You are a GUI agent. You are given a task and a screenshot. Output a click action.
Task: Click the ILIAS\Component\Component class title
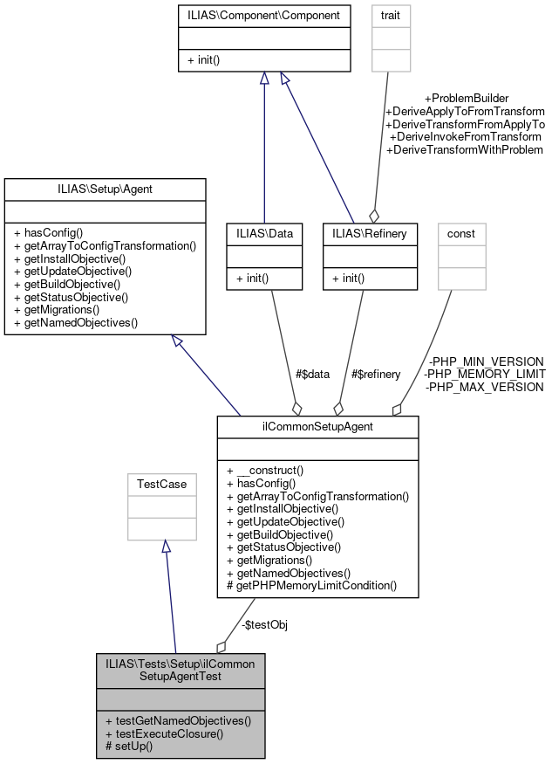[x=262, y=15]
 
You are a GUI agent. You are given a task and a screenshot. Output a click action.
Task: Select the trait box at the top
[x=391, y=15]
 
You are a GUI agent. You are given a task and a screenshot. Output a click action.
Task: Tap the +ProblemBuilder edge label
[x=466, y=98]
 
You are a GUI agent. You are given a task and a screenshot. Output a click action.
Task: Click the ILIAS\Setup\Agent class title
[x=105, y=188]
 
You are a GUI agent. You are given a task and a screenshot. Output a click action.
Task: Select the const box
[x=461, y=233]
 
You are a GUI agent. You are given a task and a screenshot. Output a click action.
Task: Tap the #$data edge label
[x=312, y=374]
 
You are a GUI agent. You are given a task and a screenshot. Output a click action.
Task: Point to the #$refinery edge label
[x=375, y=374]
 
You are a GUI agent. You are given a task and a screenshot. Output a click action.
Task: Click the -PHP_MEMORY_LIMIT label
[x=485, y=374]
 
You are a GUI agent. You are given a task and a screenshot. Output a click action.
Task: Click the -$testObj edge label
[x=265, y=624]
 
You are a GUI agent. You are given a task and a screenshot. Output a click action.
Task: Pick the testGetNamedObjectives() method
[x=178, y=721]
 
